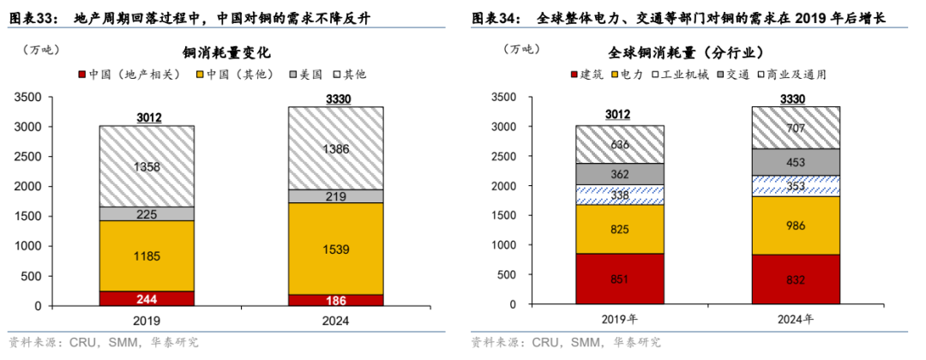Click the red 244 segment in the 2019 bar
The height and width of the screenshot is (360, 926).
tap(146, 298)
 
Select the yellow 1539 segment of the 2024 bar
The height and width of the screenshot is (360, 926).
tap(334, 249)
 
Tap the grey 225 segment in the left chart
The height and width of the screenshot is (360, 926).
tap(146, 213)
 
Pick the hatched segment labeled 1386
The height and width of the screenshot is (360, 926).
tap(334, 148)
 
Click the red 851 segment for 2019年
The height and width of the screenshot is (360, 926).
tap(620, 279)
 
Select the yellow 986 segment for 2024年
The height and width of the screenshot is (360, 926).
tap(796, 225)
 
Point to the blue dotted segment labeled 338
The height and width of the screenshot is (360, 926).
tap(620, 195)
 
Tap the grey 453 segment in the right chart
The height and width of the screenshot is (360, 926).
tap(796, 161)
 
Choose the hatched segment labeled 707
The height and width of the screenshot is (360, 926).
tap(796, 128)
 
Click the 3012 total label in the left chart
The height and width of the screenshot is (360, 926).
tap(146, 117)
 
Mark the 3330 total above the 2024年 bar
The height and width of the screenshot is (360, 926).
tap(796, 99)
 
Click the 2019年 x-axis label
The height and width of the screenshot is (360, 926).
tap(620, 321)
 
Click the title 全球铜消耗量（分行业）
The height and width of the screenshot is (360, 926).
tap(693, 52)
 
